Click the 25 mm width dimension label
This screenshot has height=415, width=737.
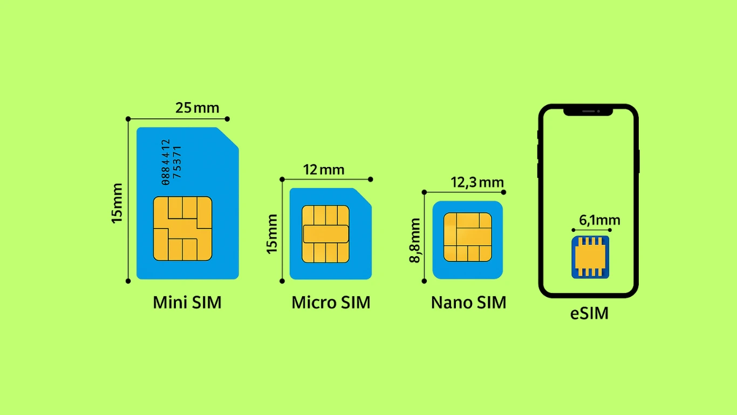[x=197, y=108]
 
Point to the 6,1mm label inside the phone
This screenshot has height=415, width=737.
[x=599, y=220]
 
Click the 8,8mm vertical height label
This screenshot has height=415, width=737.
[x=415, y=240]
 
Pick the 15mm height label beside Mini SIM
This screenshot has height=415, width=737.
[x=117, y=203]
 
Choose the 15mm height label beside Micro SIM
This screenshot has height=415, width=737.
[x=272, y=233]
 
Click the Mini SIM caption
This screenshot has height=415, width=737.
[x=187, y=302]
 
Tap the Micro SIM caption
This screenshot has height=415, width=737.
[x=331, y=303]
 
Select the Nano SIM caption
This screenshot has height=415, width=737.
[x=468, y=303]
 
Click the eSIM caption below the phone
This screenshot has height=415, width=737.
[x=589, y=313]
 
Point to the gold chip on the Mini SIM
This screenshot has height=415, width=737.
[x=182, y=229]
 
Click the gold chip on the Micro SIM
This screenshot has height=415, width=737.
[x=325, y=234]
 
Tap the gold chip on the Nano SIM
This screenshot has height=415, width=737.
[x=467, y=237]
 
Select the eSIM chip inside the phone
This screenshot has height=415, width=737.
[x=590, y=257]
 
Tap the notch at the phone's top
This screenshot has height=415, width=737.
[x=588, y=111]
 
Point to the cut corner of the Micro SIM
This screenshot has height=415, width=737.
[x=363, y=196]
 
